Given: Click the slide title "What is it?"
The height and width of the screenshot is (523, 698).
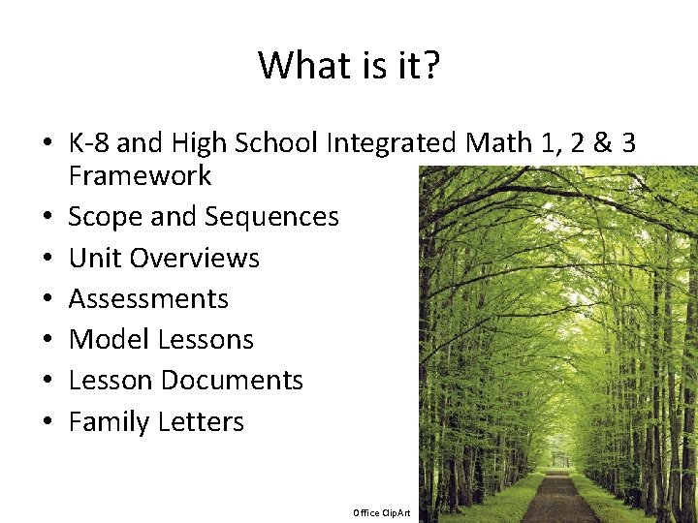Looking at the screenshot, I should tap(348, 66).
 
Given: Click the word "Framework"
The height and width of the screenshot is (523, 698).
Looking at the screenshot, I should tap(140, 176).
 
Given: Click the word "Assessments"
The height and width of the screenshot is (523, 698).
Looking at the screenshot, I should tap(148, 299).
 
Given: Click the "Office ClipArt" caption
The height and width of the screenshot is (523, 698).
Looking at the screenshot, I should tap(382, 512).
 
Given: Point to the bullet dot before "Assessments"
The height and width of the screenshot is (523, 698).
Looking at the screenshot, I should tap(47, 300).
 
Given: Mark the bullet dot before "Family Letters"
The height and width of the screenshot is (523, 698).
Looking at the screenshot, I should tap(47, 423).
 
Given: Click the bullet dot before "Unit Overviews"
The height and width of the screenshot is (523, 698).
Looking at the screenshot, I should tap(47, 260).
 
